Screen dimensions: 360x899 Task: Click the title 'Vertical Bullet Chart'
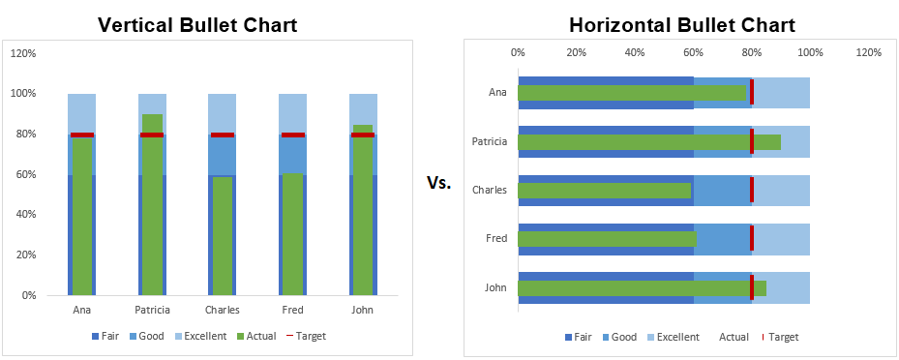[197, 25]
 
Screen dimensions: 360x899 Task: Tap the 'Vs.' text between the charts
[438, 182]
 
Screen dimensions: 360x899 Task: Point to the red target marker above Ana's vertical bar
[82, 135]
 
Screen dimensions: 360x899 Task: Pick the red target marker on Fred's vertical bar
[292, 135]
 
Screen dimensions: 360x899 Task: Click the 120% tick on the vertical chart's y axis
[24, 53]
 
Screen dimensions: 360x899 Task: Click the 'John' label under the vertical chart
[363, 311]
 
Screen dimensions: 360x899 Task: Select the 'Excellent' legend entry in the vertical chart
[199, 337]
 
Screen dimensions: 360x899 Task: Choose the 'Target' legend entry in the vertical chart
[304, 337]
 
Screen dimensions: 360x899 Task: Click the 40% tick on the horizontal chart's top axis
[635, 52]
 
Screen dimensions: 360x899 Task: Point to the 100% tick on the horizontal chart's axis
[810, 52]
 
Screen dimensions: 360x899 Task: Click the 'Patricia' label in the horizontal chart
[489, 142]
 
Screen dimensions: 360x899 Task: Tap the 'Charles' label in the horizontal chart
[489, 190]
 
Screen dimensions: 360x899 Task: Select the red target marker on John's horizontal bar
[752, 287]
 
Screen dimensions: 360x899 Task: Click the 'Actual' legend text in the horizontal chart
[734, 337]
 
